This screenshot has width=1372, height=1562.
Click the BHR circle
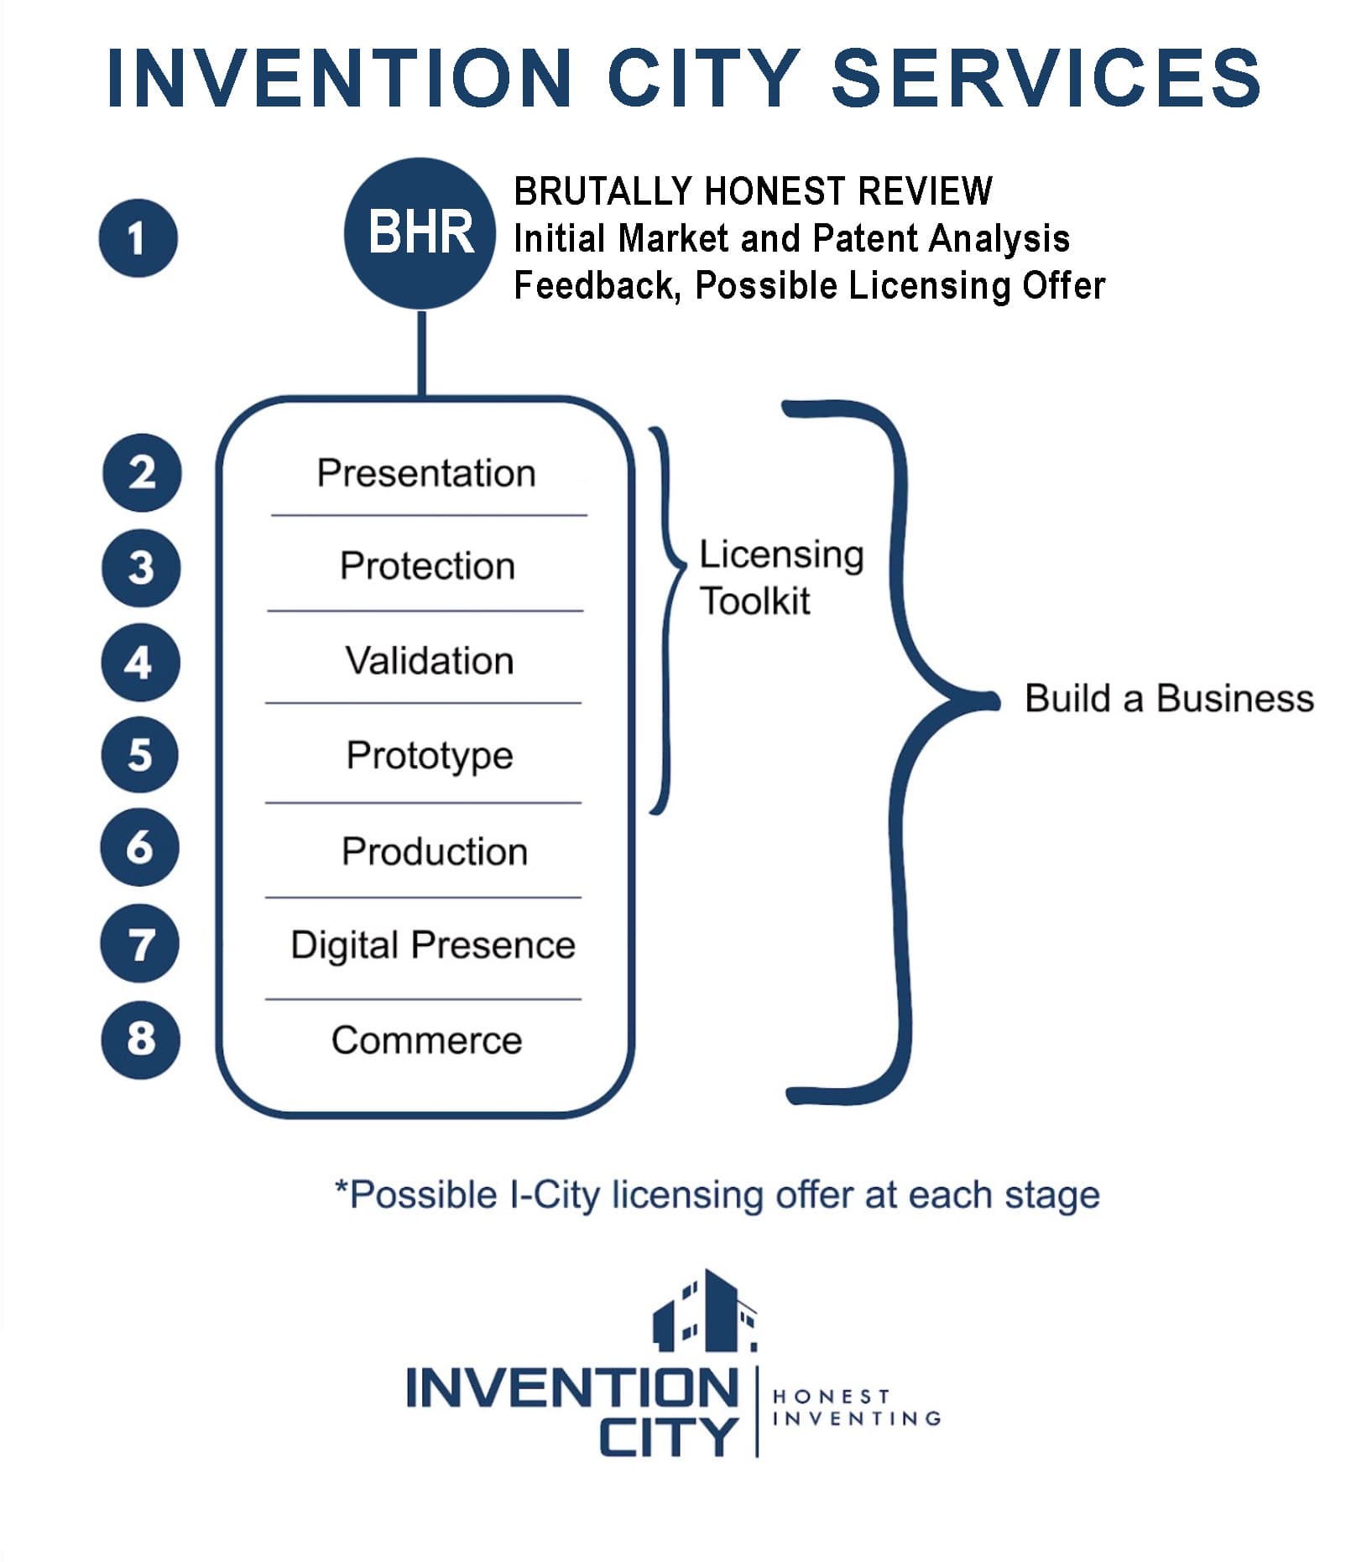tap(420, 232)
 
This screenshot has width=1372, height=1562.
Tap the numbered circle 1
tap(138, 237)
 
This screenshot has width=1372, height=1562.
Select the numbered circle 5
tap(140, 754)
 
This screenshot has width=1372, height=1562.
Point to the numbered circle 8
tap(140, 1039)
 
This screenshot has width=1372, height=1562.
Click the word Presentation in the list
tap(426, 473)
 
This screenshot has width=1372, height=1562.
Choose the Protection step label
tap(427, 565)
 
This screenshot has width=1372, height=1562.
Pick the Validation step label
tap(429, 660)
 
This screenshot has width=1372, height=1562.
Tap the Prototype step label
tap(429, 755)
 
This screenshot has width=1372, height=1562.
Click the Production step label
tap(434, 851)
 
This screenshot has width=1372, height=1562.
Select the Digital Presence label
tap(433, 945)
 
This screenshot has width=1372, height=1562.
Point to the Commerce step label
tap(426, 1040)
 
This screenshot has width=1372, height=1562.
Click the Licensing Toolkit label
tap(780, 577)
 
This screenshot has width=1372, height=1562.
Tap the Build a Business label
tap(1169, 698)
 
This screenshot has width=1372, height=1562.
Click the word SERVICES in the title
tap(1046, 77)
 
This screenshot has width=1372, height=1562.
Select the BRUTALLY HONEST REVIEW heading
tap(753, 191)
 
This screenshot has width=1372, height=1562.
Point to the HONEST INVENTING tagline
tap(856, 1408)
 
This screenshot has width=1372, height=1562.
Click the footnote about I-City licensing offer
tap(717, 1195)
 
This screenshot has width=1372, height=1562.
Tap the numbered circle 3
tap(140, 567)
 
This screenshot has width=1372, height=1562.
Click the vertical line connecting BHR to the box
tap(421, 352)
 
